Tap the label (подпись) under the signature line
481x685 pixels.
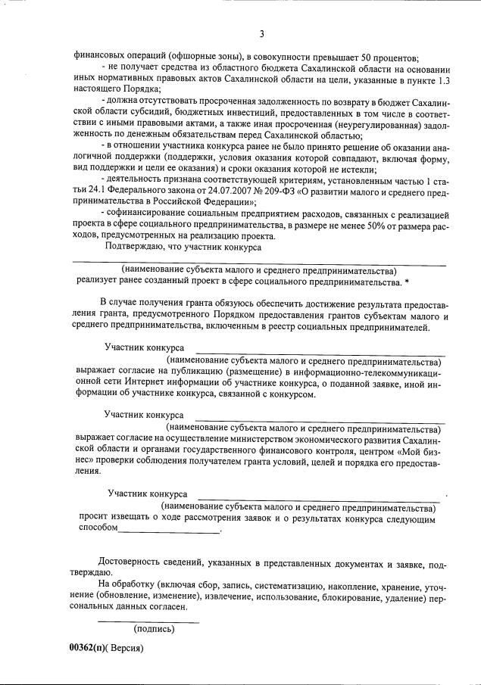click(154, 629)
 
